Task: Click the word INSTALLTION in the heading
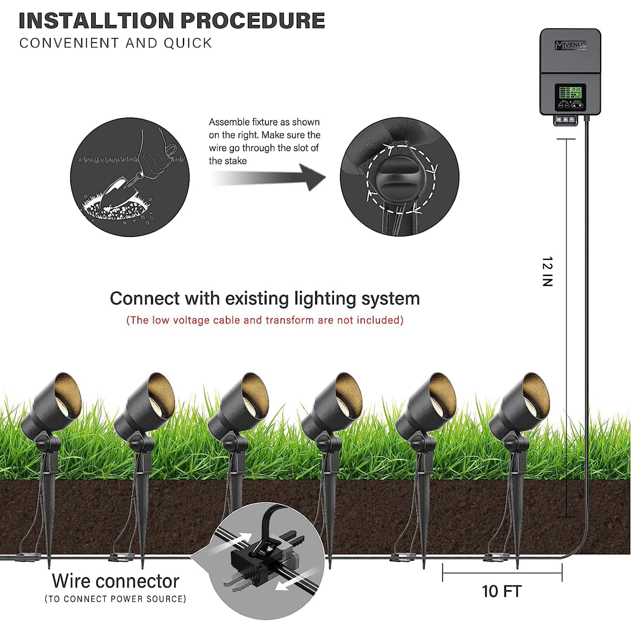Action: pyautogui.click(x=97, y=21)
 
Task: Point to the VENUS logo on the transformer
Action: pyautogui.click(x=570, y=45)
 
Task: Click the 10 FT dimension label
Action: pyautogui.click(x=502, y=591)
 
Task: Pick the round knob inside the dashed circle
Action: pyautogui.click(x=399, y=178)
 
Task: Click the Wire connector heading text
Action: pyautogui.click(x=116, y=581)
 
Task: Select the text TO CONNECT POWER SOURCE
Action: pyautogui.click(x=115, y=599)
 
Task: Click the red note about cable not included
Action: pyautogui.click(x=265, y=320)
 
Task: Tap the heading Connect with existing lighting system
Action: pyautogui.click(x=265, y=299)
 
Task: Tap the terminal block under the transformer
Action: pyautogui.click(x=565, y=119)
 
